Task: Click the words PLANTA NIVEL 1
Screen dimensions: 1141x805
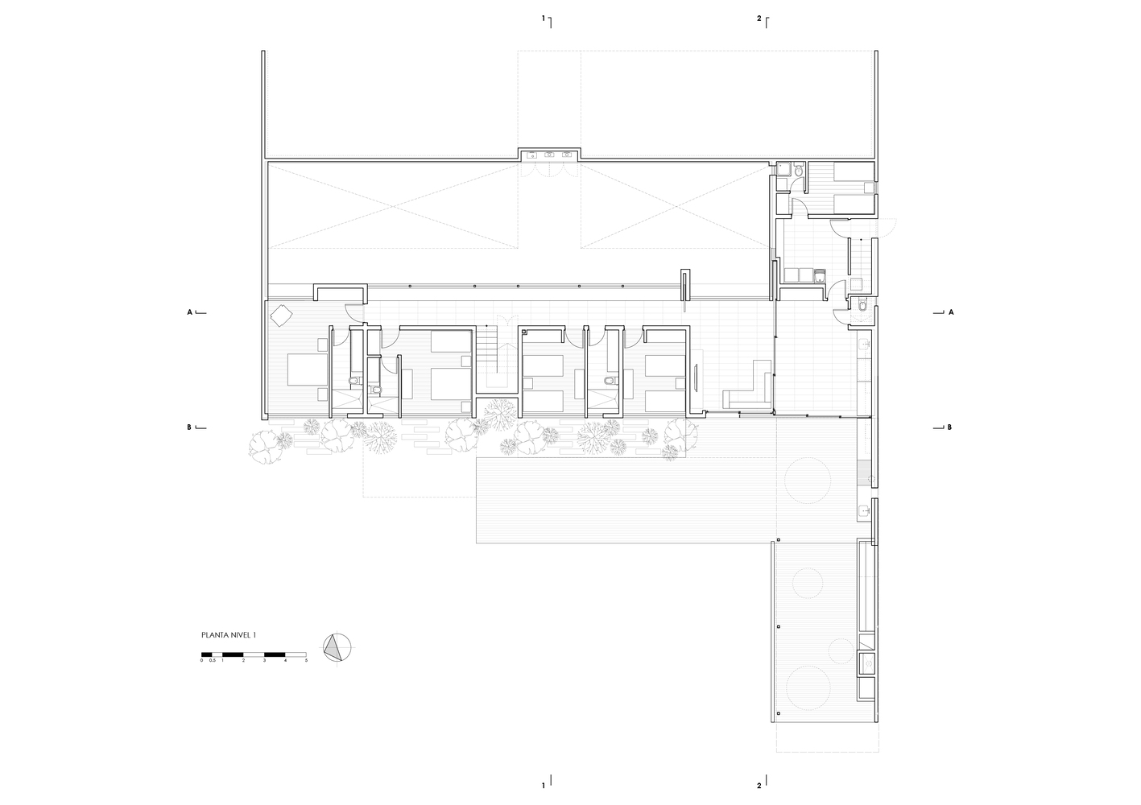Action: (228, 635)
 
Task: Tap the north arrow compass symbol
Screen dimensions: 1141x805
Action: (337, 648)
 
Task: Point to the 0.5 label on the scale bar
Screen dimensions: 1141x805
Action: (212, 660)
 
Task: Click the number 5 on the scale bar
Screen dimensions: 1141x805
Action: (306, 660)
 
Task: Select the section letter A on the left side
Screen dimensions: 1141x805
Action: (189, 312)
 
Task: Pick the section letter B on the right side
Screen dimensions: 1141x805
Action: (949, 427)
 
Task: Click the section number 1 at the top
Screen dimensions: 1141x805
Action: (544, 19)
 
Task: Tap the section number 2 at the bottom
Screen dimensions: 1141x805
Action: (759, 786)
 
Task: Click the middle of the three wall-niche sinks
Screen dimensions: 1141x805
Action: (550, 154)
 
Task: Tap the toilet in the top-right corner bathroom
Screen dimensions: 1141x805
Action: (798, 171)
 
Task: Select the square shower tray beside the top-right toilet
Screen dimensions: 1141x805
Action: (784, 169)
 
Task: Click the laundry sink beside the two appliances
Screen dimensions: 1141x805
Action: (819, 275)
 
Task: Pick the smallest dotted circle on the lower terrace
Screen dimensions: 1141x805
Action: (840, 650)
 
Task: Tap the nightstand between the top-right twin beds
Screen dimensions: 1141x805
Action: (869, 188)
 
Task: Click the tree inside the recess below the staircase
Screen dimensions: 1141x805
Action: (499, 415)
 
